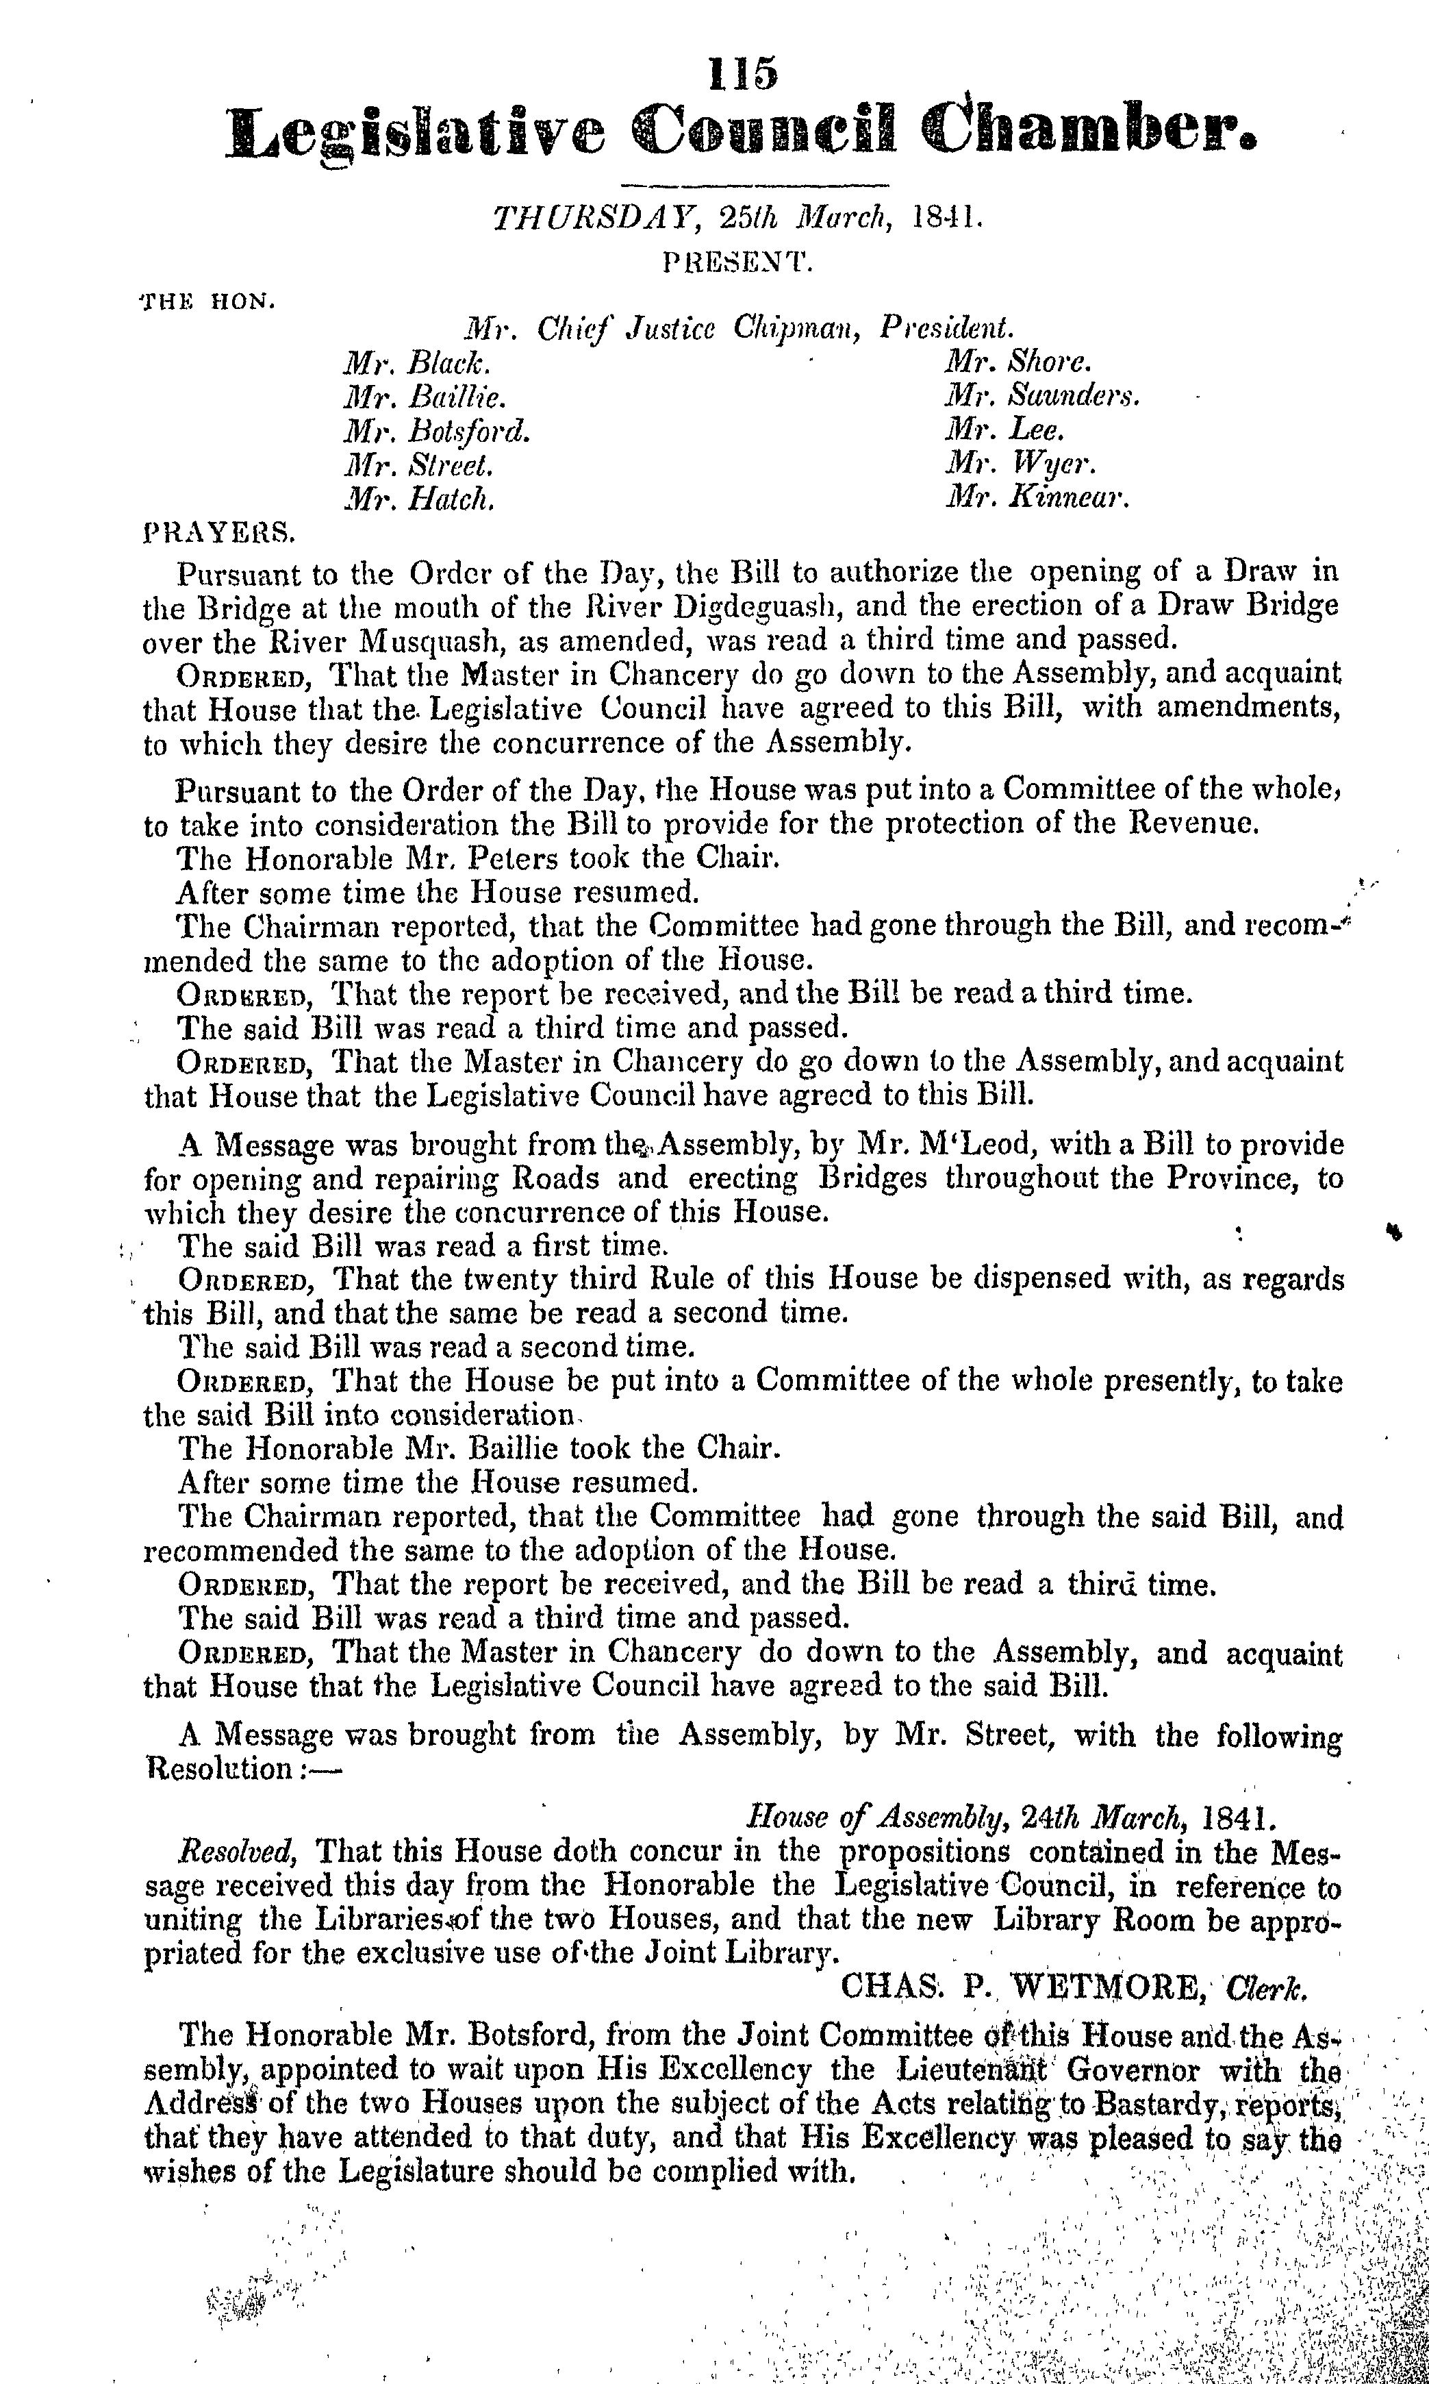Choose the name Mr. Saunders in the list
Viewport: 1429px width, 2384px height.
pyautogui.click(x=1043, y=396)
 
